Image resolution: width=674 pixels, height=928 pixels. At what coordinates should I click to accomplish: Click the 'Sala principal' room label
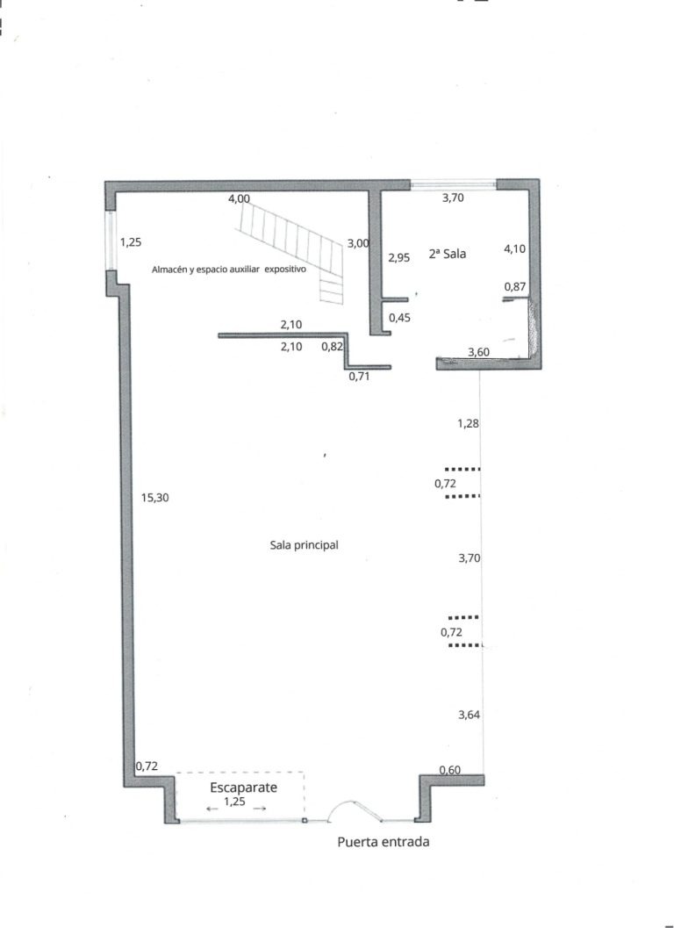(x=305, y=545)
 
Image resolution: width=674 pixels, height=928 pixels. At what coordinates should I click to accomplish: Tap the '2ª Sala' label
(x=448, y=254)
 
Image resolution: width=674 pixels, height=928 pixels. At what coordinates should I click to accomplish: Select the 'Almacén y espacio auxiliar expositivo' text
(x=229, y=270)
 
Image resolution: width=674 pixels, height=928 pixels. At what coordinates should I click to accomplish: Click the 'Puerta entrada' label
(x=384, y=842)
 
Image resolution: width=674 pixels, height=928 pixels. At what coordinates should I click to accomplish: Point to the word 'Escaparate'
(x=244, y=788)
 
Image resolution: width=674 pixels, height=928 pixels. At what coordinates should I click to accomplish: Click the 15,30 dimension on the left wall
(x=155, y=498)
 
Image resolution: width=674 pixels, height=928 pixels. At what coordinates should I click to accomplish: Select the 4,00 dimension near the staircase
(x=239, y=198)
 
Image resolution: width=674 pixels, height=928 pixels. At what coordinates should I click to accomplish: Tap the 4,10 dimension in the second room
(x=514, y=249)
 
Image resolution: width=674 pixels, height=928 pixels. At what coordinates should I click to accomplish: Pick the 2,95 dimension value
(x=398, y=258)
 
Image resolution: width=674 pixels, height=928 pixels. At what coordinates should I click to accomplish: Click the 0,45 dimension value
(x=399, y=318)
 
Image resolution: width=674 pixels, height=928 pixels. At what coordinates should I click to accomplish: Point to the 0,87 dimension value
(x=515, y=287)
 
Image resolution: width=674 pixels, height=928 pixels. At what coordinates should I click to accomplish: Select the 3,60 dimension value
(x=478, y=352)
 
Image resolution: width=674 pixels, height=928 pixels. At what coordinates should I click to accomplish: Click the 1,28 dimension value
(x=468, y=424)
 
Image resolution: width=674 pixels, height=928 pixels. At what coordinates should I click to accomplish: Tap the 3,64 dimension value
(x=470, y=715)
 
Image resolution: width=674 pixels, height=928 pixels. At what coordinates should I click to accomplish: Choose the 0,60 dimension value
(x=449, y=769)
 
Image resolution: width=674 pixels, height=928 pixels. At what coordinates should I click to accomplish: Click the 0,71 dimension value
(x=359, y=376)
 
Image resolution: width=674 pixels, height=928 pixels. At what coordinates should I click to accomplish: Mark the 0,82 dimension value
(x=332, y=347)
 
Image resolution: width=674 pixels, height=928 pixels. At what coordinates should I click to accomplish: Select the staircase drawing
(x=290, y=248)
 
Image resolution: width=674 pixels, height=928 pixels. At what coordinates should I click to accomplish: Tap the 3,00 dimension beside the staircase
(x=359, y=243)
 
